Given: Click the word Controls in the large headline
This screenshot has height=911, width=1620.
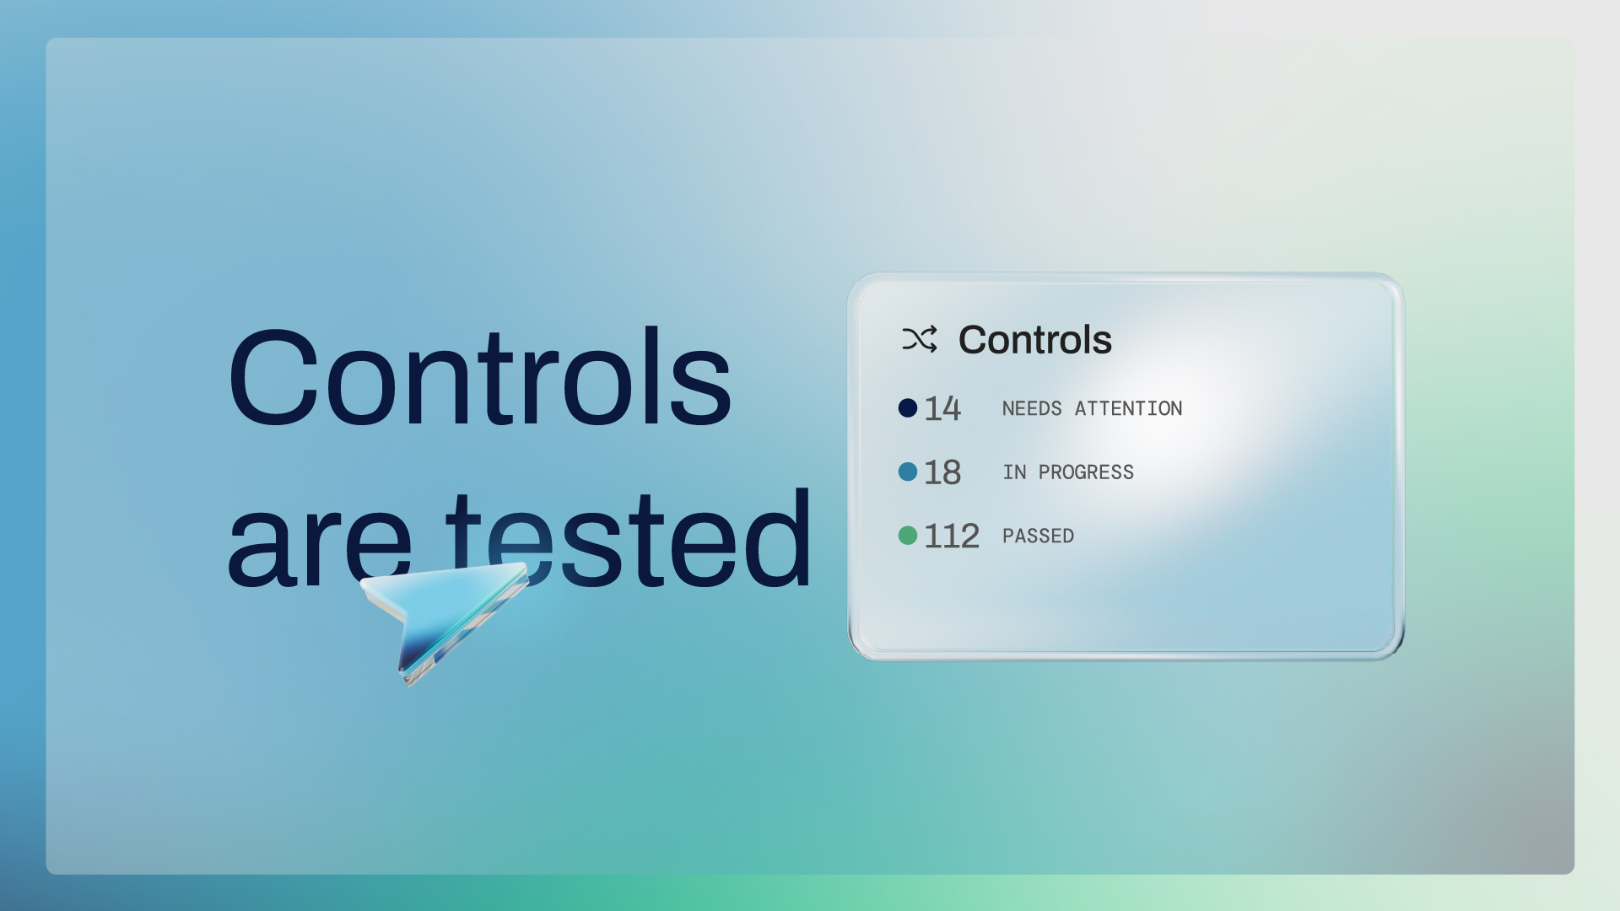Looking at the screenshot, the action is pyautogui.click(x=479, y=376).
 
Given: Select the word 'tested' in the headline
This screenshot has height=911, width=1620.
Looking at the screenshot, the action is pyautogui.click(x=628, y=537).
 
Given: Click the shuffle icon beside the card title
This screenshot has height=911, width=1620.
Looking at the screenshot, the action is pyautogui.click(x=920, y=339).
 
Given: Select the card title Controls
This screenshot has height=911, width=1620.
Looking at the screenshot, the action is pyautogui.click(x=1035, y=340).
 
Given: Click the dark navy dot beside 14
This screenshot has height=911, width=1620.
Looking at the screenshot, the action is pyautogui.click(x=908, y=408).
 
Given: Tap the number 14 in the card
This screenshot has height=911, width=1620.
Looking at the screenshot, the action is pyautogui.click(x=942, y=409).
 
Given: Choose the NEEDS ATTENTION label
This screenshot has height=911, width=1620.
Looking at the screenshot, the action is pyautogui.click(x=1093, y=409).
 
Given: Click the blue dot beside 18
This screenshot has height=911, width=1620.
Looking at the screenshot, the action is pyautogui.click(x=908, y=472).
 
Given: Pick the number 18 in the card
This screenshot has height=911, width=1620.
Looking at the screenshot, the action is pyautogui.click(x=942, y=472).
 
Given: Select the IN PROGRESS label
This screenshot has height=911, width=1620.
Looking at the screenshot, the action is pyautogui.click(x=1068, y=472).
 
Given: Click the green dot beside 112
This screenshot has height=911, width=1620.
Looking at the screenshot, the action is pyautogui.click(x=908, y=536).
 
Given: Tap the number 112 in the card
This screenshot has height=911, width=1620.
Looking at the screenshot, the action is pyautogui.click(x=952, y=536).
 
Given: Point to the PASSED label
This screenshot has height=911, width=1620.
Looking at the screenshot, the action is pyautogui.click(x=1038, y=536).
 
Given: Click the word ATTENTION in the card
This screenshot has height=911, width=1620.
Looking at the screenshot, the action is pyautogui.click(x=1129, y=409).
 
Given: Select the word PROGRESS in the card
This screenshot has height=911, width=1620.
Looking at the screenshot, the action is pyautogui.click(x=1087, y=472).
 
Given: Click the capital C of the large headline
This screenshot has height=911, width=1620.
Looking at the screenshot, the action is pyautogui.click(x=271, y=377).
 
